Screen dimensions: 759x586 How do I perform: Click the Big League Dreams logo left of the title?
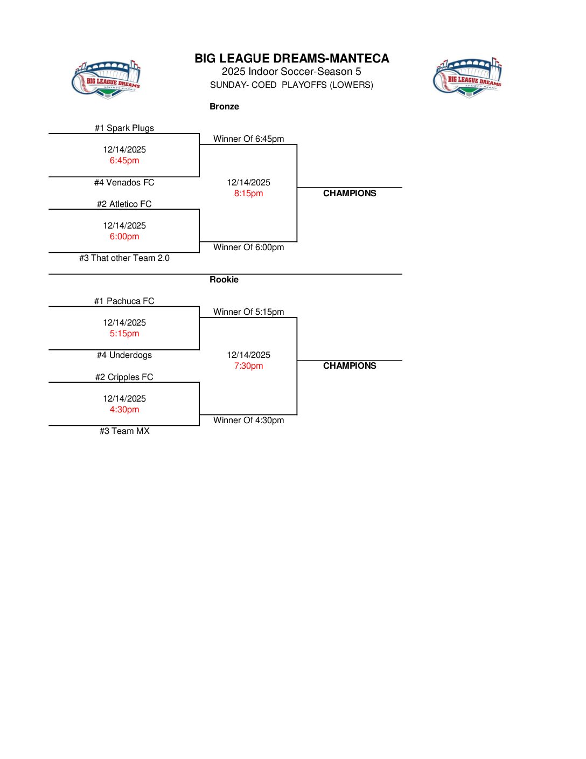coord(106,79)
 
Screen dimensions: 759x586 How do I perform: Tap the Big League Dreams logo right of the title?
coord(468,78)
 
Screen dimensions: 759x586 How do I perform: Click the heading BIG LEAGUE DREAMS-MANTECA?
coord(291,58)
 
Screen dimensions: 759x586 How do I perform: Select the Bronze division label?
coord(224,106)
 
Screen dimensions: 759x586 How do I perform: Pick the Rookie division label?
coord(224,279)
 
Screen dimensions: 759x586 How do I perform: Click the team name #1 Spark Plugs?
coord(124,128)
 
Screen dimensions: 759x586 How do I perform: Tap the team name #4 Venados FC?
coord(124,182)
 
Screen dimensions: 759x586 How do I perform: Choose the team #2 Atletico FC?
coord(124,204)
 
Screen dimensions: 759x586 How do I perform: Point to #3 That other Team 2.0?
coord(124,258)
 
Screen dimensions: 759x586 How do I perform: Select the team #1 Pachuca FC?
coord(124,301)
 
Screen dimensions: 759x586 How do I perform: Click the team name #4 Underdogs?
coord(124,355)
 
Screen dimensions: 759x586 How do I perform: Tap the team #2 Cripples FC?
coord(124,377)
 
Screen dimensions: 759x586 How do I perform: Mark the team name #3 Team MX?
coord(124,431)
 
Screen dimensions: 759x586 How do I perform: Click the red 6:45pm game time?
coord(124,160)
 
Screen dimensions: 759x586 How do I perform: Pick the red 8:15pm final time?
coord(248,193)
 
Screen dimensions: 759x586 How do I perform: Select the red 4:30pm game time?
coord(124,409)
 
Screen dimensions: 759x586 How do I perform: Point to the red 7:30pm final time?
coord(248,365)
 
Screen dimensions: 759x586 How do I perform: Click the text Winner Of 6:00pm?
coord(248,247)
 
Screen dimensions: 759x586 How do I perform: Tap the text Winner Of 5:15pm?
coord(248,312)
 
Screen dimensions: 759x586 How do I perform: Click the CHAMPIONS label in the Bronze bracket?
coord(350,193)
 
